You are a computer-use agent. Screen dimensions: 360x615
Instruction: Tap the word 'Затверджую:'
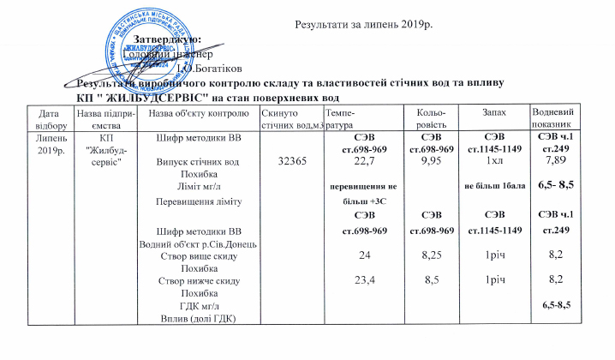tap(168, 39)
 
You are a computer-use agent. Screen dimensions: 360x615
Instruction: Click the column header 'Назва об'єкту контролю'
tap(189, 114)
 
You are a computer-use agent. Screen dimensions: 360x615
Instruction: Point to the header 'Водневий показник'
tap(553, 119)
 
